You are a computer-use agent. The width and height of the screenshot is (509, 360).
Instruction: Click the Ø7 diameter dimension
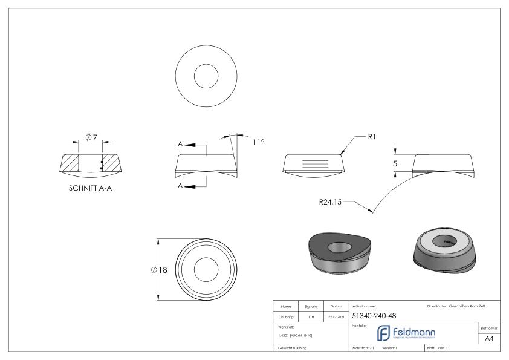pos(91,138)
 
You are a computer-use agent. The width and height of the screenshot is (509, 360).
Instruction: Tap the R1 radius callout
pos(372,137)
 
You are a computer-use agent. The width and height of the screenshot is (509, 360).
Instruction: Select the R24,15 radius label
pos(330,202)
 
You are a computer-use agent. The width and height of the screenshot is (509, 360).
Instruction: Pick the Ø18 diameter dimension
pos(160,269)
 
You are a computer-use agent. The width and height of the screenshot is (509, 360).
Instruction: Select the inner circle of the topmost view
pos(206,76)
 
